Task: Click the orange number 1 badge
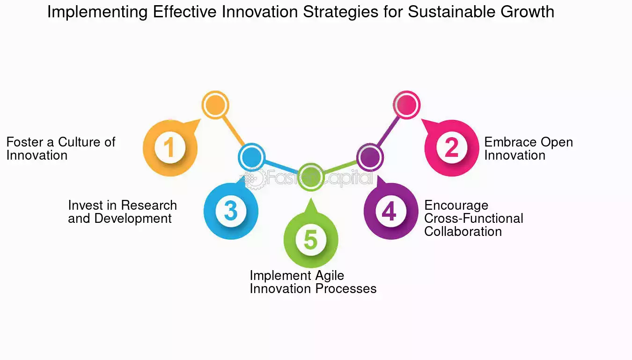click(x=170, y=148)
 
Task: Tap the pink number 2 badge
click(x=451, y=148)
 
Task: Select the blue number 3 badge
click(x=231, y=211)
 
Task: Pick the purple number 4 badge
click(x=391, y=211)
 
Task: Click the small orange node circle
click(x=215, y=105)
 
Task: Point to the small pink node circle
click(x=406, y=105)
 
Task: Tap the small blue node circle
click(x=251, y=157)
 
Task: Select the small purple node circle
click(x=370, y=157)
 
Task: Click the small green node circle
click(x=311, y=177)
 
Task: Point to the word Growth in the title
click(x=528, y=12)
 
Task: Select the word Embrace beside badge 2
click(x=508, y=142)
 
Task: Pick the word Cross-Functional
click(x=474, y=218)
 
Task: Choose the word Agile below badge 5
click(x=330, y=276)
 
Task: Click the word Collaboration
click(x=463, y=232)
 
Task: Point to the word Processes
click(x=346, y=289)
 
